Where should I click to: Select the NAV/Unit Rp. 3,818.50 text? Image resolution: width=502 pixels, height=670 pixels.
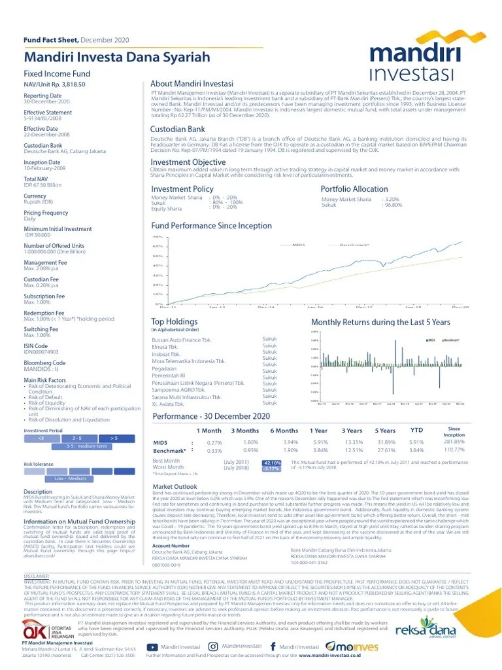pyautogui.click(x=55, y=84)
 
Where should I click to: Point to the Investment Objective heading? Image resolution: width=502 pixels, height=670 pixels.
pyautogui.click(x=188, y=162)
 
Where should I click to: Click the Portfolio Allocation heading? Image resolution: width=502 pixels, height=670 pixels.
pyautogui.click(x=354, y=189)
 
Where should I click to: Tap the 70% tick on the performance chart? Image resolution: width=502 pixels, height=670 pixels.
pyautogui.click(x=157, y=237)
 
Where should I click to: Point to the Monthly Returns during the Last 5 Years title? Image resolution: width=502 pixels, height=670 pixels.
pyautogui.click(x=380, y=323)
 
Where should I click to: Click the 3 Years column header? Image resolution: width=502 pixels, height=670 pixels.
pyautogui.click(x=352, y=431)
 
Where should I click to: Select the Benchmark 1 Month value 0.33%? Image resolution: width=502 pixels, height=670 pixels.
pyautogui.click(x=214, y=451)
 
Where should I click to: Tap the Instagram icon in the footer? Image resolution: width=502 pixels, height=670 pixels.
pyautogui.click(x=213, y=646)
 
